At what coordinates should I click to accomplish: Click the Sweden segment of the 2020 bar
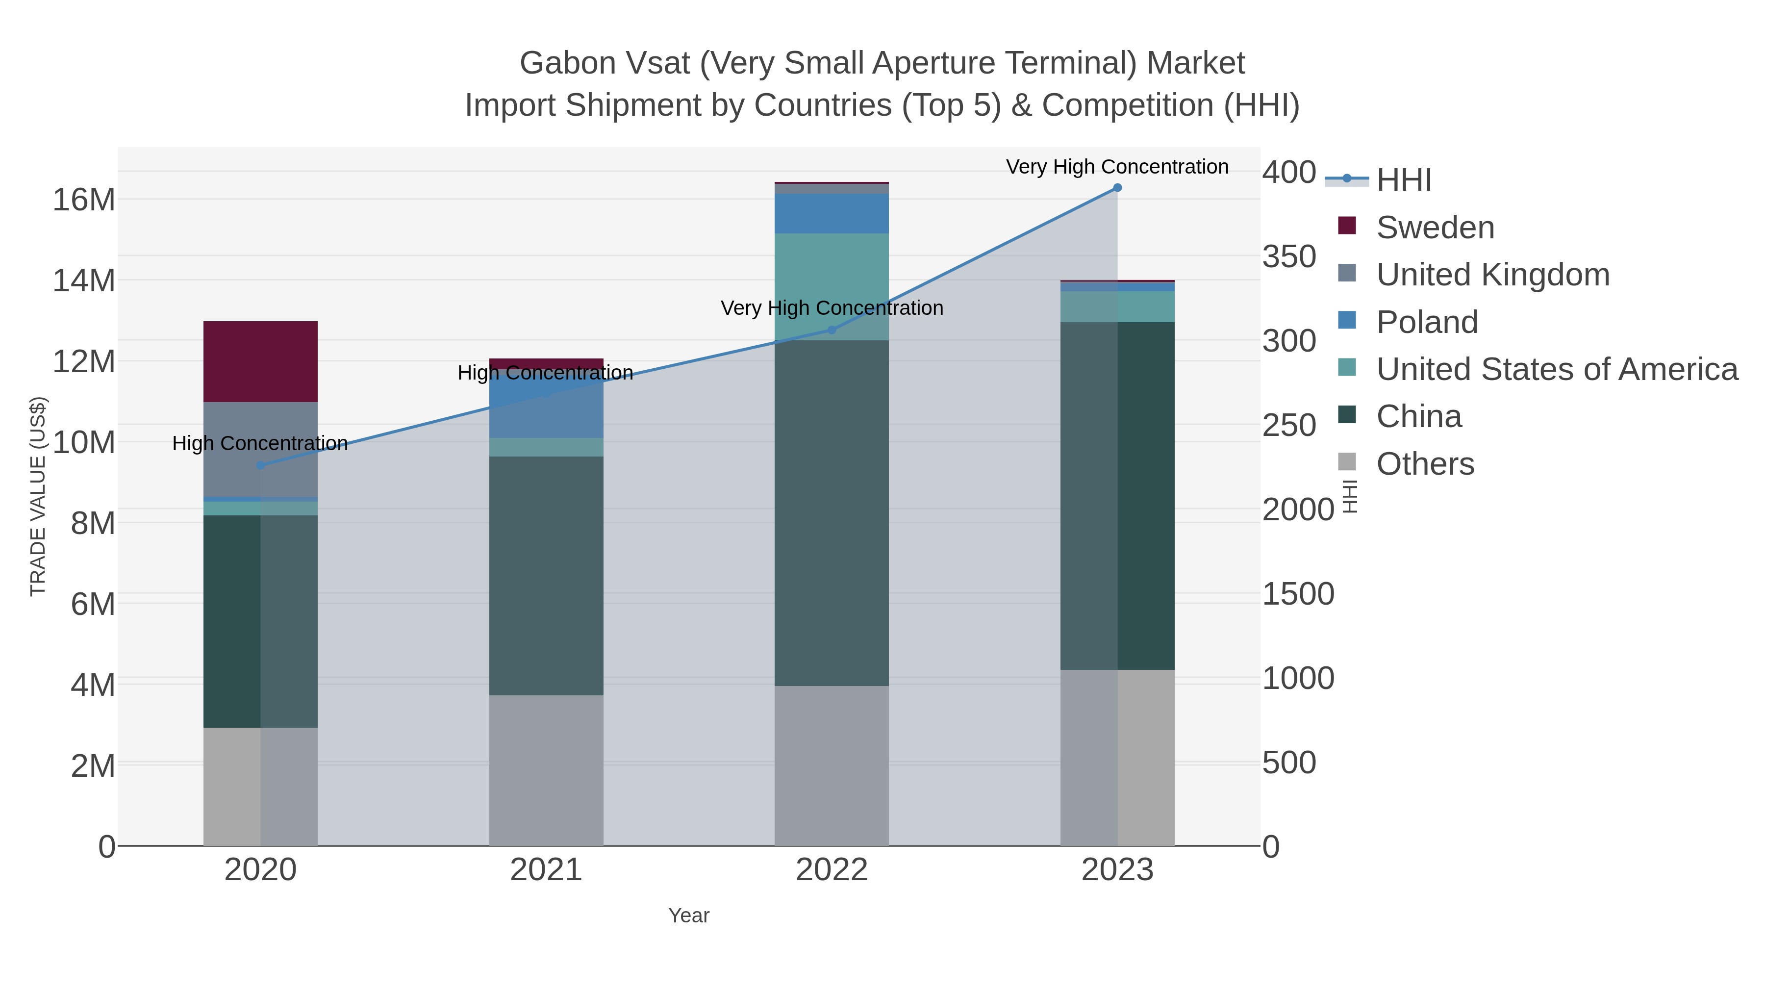(x=260, y=361)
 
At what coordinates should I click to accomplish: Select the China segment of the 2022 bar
(x=831, y=512)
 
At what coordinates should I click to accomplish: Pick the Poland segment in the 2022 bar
(x=831, y=213)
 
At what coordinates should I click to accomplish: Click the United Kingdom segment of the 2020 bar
(x=260, y=449)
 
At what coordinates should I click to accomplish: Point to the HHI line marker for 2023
(x=1117, y=188)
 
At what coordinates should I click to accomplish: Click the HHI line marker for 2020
(x=260, y=465)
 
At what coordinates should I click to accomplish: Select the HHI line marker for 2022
(x=832, y=330)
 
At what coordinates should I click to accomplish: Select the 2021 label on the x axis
(x=546, y=869)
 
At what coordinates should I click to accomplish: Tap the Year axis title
(x=689, y=916)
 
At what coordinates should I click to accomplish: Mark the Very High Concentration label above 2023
(x=1117, y=167)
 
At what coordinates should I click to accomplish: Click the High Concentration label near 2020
(x=260, y=443)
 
